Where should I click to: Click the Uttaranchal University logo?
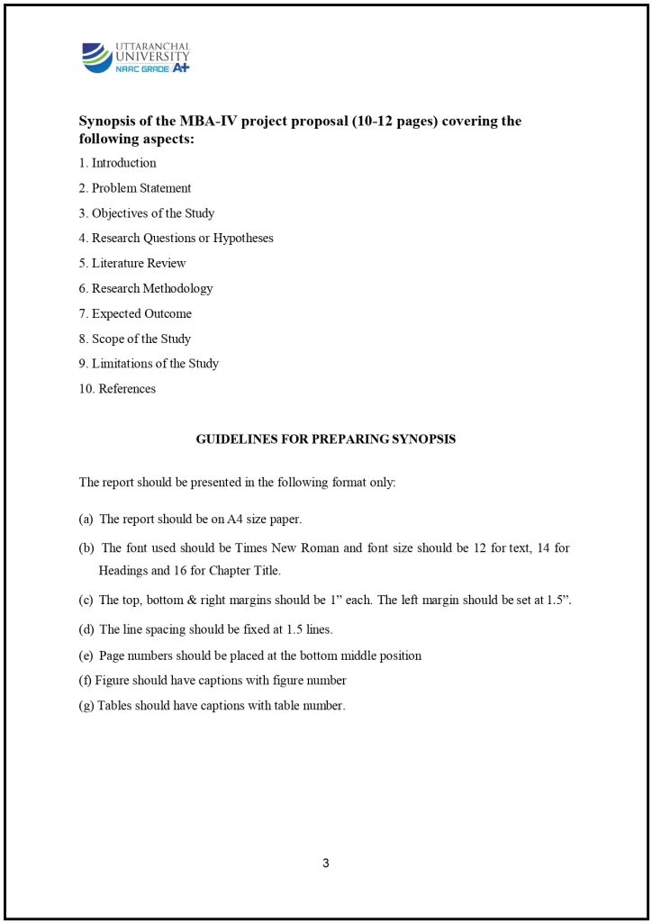click(136, 57)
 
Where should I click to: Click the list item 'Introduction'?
click(123, 163)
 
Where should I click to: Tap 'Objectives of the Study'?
click(152, 213)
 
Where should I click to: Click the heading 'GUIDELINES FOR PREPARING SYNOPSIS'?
click(326, 439)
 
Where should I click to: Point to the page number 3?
click(326, 863)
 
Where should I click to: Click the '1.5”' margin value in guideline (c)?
click(558, 600)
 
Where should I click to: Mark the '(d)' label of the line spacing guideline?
click(86, 629)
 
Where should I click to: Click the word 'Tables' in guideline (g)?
click(114, 706)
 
